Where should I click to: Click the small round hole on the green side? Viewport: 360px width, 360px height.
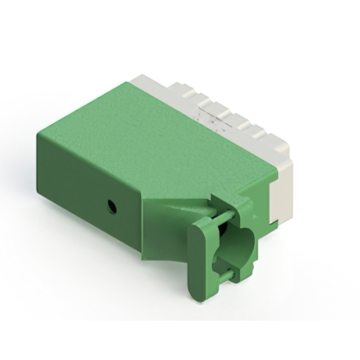(112, 206)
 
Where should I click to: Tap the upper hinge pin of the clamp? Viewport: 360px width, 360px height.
(223, 217)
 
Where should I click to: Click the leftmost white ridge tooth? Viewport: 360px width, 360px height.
(180, 87)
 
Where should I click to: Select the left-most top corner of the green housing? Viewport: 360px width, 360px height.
(38, 133)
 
